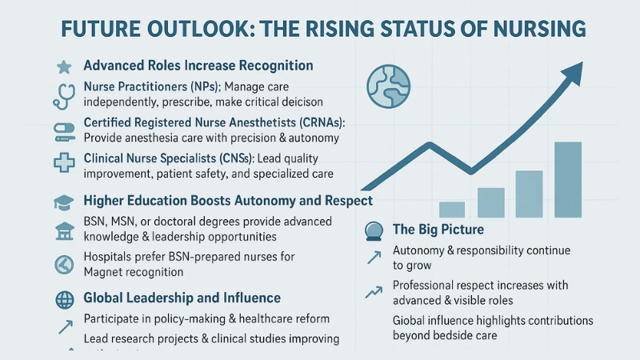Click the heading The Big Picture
[438, 230]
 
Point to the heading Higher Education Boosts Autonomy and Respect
[227, 200]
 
